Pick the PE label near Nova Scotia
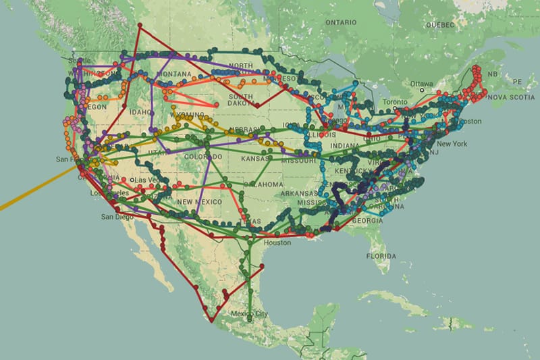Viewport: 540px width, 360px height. click(x=517, y=81)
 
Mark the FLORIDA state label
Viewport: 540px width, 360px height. click(x=380, y=257)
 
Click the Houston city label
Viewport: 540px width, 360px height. click(x=278, y=242)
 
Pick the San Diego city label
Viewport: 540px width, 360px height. click(x=116, y=217)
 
